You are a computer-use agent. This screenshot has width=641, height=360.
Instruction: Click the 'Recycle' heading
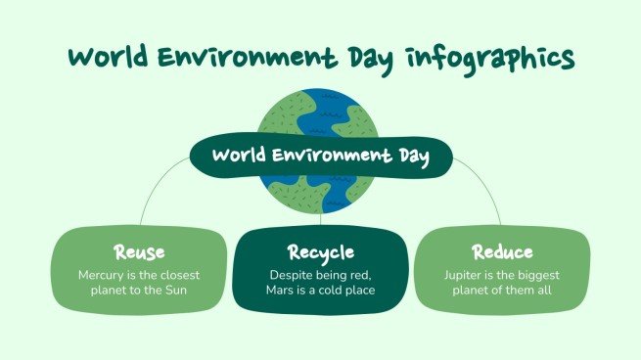(x=320, y=252)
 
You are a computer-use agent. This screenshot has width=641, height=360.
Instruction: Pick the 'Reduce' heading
(x=502, y=252)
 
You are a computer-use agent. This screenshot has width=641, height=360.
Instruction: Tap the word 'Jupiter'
(x=465, y=275)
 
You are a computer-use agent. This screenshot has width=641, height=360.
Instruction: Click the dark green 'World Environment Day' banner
(x=320, y=156)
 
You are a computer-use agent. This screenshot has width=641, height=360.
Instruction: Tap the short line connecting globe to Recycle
(x=320, y=221)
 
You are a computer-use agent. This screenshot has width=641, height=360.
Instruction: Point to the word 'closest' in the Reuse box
(x=169, y=275)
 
